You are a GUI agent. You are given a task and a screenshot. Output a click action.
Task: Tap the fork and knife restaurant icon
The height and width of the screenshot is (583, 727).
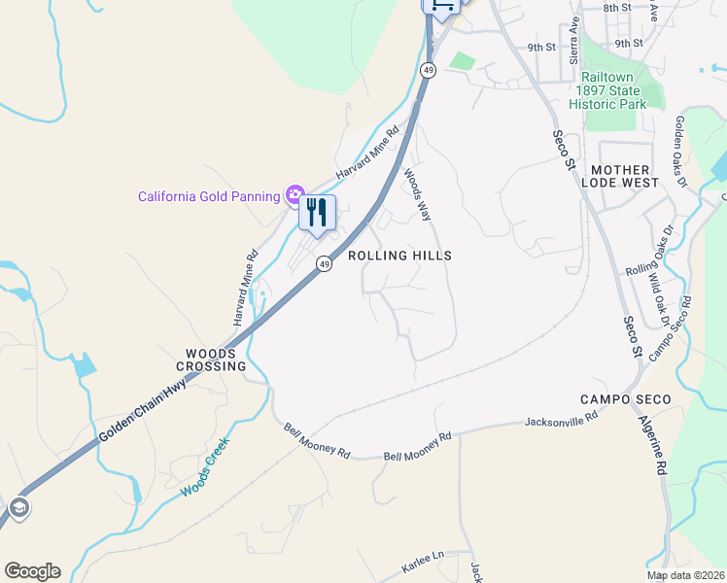(317, 212)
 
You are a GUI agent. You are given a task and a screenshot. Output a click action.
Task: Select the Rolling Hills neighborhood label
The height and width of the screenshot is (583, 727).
(400, 256)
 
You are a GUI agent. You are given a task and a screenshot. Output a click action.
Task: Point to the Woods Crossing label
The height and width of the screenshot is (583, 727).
(211, 360)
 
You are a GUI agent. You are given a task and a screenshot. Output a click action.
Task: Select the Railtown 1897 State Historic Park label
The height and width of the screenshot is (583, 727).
(613, 90)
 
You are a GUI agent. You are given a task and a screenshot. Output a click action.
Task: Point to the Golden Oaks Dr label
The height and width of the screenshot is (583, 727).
(679, 151)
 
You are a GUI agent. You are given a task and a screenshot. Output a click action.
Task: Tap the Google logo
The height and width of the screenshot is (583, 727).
(32, 571)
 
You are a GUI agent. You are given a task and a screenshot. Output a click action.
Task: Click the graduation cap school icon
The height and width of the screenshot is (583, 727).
(18, 507)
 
